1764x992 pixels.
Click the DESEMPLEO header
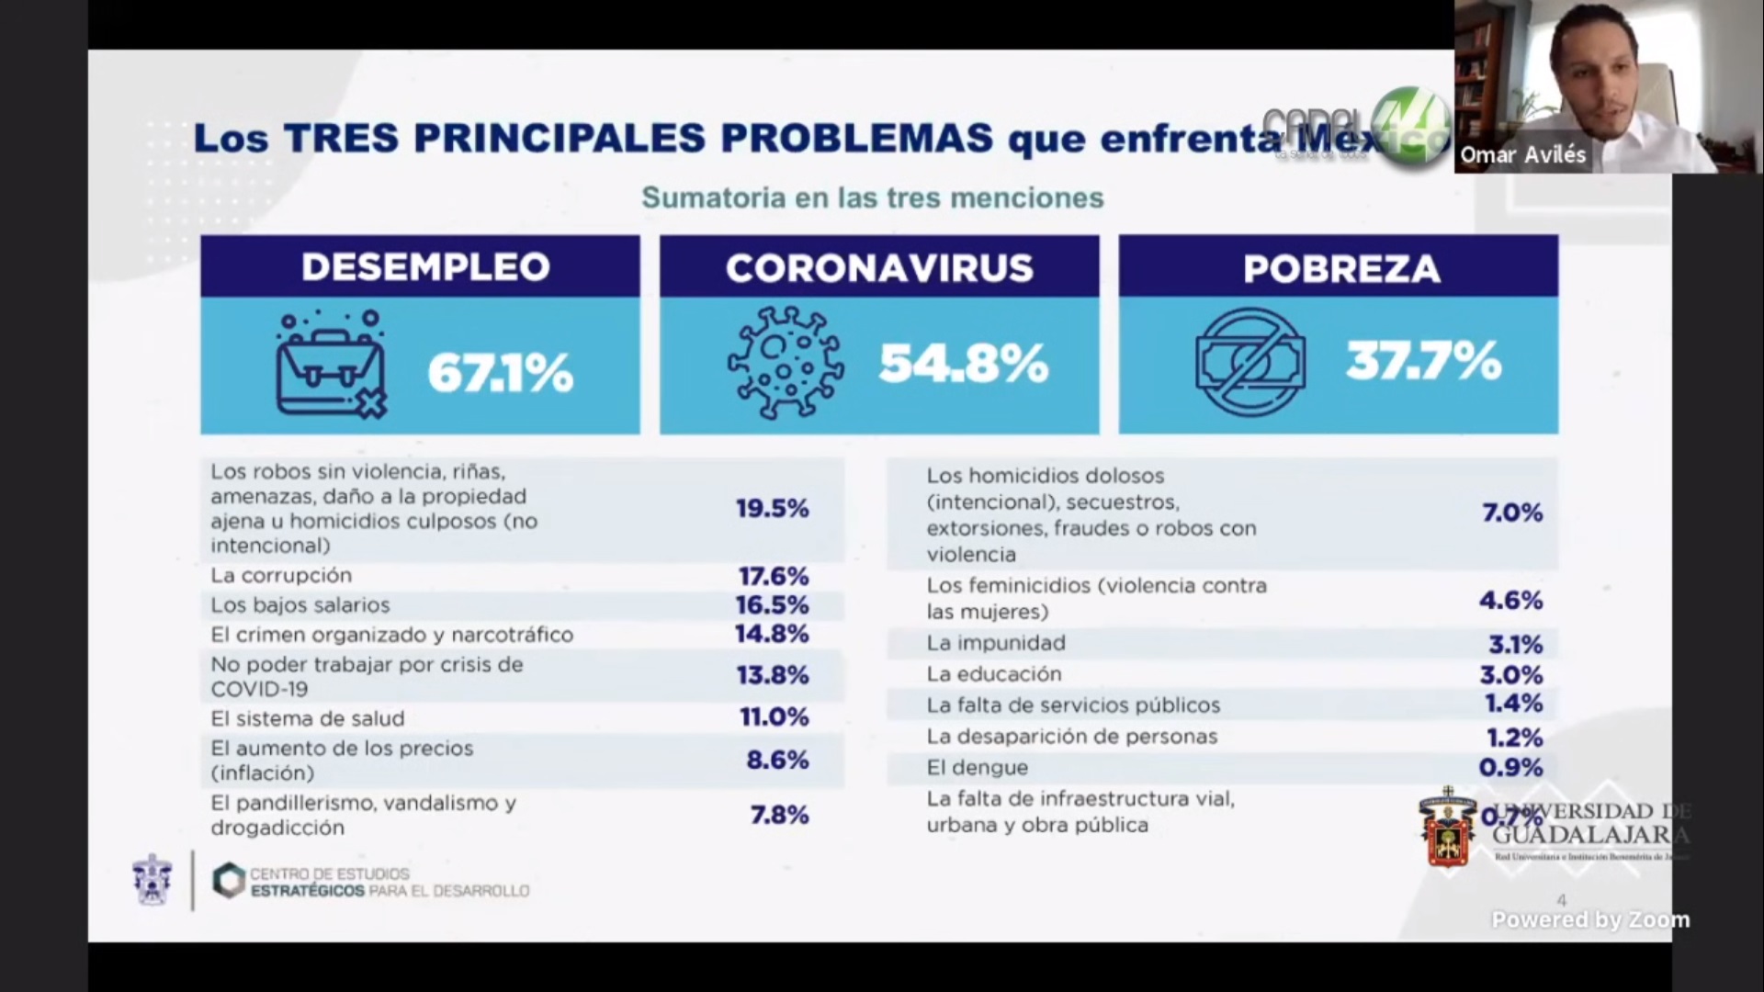tap(425, 267)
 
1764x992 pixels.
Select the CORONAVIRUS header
tap(879, 268)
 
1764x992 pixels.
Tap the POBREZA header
tap(1341, 268)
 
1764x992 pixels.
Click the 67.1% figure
tap(500, 374)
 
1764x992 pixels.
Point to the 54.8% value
tap(963, 365)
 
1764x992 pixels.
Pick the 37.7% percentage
tap(1423, 361)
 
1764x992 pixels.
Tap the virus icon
tap(785, 364)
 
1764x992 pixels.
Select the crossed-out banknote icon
tap(1250, 362)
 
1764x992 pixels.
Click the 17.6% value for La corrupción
tap(774, 576)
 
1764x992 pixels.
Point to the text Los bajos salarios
tap(300, 605)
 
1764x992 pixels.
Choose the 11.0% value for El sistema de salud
tap(775, 716)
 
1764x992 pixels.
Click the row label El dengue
tap(978, 767)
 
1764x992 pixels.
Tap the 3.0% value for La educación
tap(1510, 675)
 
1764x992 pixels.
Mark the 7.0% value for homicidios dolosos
tap(1512, 513)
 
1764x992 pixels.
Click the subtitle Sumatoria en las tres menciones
tap(872, 197)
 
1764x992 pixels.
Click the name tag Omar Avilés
tap(1523, 154)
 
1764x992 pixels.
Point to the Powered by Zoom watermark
tap(1590, 919)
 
